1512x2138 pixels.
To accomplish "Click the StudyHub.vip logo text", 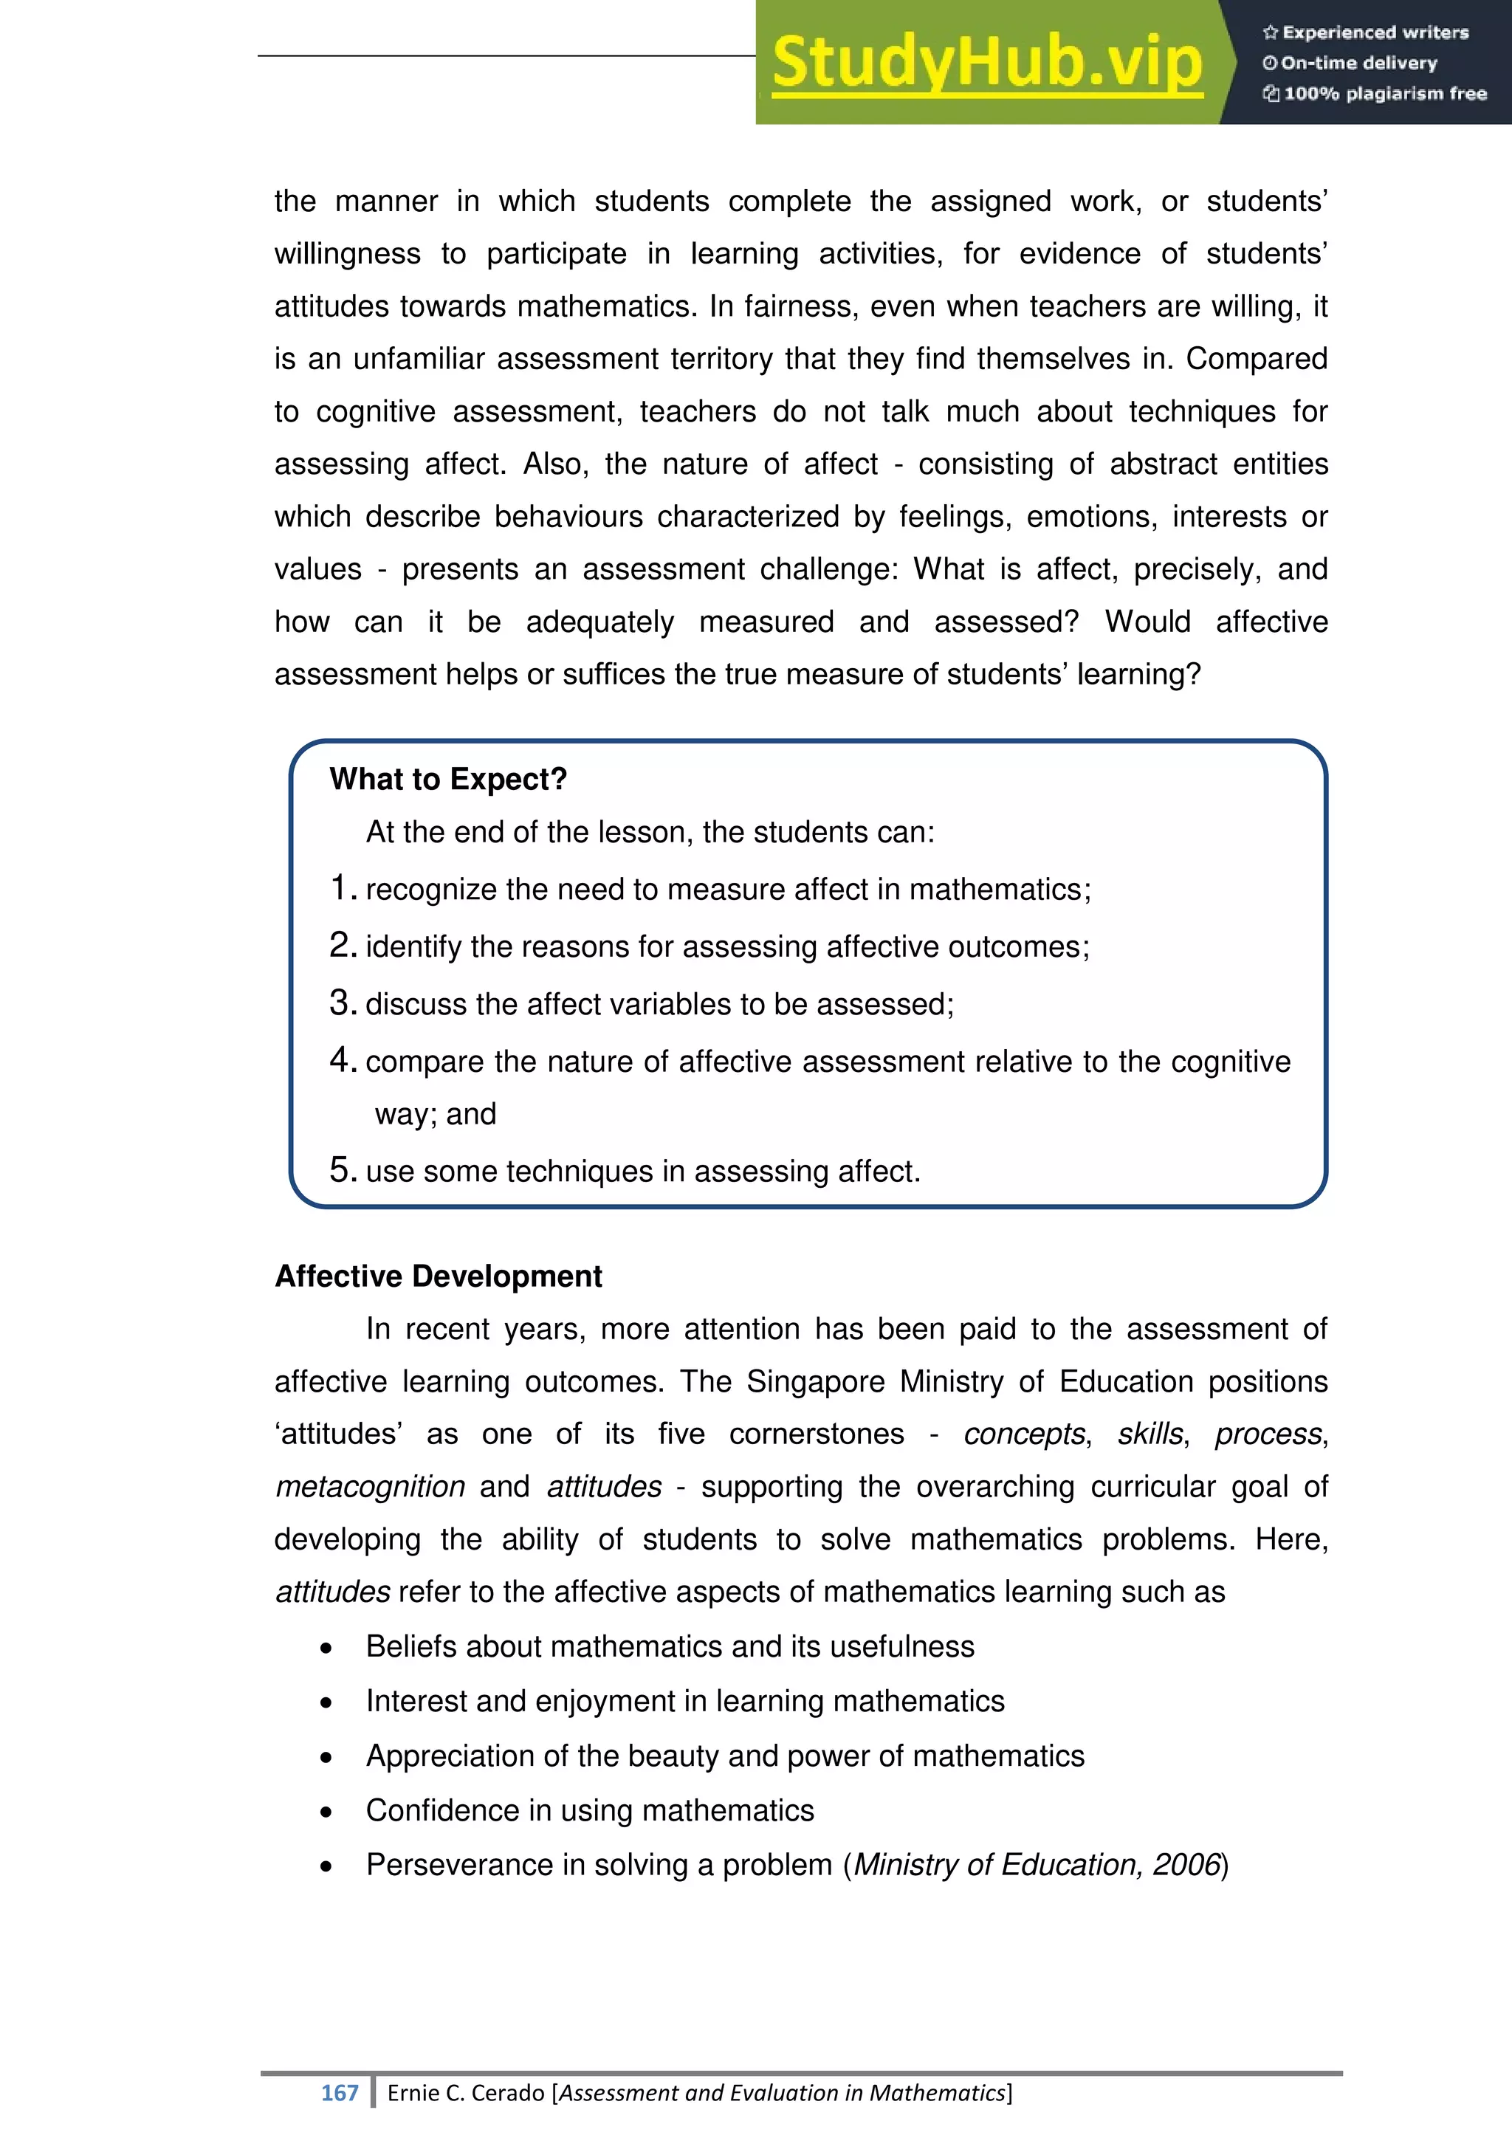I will (987, 63).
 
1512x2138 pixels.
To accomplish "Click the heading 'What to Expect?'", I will (448, 778).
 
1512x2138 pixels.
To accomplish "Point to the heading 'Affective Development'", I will (439, 1276).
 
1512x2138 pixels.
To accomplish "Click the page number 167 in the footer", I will (339, 2092).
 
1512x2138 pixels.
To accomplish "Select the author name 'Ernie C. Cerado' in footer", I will (466, 2092).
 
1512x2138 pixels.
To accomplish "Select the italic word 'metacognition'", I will (371, 1487).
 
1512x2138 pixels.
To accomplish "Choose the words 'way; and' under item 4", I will (435, 1114).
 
